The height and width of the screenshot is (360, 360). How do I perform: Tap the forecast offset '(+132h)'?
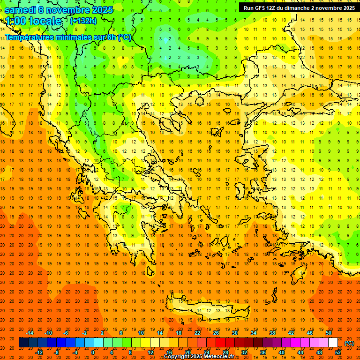click(x=83, y=21)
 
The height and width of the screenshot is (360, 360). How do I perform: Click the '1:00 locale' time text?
click(x=34, y=21)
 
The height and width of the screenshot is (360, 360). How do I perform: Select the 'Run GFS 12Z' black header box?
click(x=299, y=8)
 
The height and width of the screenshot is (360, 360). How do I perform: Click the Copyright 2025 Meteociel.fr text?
click(x=199, y=357)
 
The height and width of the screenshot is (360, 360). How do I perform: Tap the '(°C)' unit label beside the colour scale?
click(x=349, y=343)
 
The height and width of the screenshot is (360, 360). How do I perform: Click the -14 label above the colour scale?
click(x=30, y=333)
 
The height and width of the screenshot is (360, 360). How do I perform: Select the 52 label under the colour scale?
click(x=338, y=352)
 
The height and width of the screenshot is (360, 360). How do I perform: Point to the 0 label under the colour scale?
click(x=92, y=352)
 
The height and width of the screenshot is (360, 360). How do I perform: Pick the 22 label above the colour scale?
click(x=197, y=333)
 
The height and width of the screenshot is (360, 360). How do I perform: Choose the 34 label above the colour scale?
click(x=253, y=333)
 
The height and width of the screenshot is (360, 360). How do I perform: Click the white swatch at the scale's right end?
click(x=333, y=343)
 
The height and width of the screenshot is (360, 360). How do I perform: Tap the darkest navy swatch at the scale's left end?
click(x=23, y=343)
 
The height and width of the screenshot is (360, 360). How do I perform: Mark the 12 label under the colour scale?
click(x=150, y=352)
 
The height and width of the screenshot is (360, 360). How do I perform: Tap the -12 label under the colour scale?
click(x=39, y=352)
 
